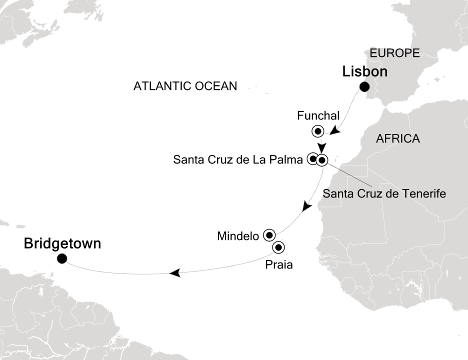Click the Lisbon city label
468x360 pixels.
(x=364, y=72)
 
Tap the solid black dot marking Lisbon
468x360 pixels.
(x=364, y=87)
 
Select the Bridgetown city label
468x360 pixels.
(x=62, y=244)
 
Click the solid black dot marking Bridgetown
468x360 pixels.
(x=62, y=258)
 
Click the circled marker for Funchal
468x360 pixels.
(x=317, y=132)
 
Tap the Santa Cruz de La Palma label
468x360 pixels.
(x=237, y=160)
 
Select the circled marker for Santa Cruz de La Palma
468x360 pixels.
(x=312, y=159)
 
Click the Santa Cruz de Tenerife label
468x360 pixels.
(x=384, y=192)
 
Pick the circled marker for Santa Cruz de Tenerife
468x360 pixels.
(x=321, y=160)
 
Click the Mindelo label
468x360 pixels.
(x=238, y=235)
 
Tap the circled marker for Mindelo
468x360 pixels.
(x=269, y=234)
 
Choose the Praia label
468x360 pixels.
(x=279, y=264)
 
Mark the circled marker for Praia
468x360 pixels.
(x=278, y=247)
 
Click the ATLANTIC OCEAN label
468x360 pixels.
(x=185, y=86)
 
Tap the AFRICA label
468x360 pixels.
(x=397, y=139)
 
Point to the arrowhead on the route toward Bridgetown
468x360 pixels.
(x=174, y=272)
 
